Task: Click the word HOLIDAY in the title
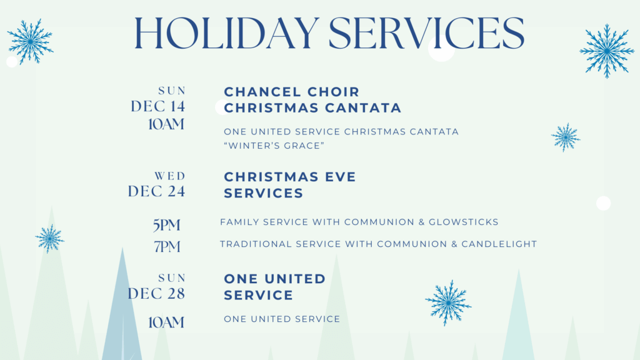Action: (226, 34)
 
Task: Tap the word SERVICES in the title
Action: (426, 34)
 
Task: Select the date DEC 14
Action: (158, 106)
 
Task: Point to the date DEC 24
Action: (157, 191)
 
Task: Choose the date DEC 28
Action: (157, 294)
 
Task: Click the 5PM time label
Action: (166, 225)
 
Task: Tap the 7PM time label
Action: (167, 246)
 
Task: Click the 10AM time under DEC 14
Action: (166, 124)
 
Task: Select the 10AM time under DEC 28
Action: (166, 322)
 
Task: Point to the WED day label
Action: (170, 176)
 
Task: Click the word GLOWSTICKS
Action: (464, 222)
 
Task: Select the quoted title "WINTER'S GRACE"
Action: (274, 146)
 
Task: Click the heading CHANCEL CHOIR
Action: (292, 92)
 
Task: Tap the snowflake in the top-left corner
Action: (30, 41)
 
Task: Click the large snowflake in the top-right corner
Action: (607, 51)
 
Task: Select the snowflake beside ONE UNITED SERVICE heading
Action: (448, 303)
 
